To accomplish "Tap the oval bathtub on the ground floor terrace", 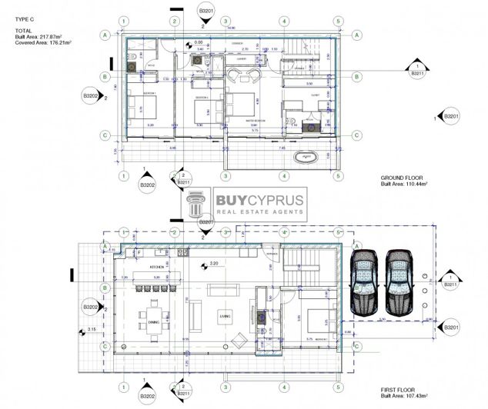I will (x=306, y=158).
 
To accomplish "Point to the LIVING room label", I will (x=226, y=315).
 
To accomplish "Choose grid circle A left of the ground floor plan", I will (x=105, y=34).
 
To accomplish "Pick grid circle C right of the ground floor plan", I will (x=356, y=135).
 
